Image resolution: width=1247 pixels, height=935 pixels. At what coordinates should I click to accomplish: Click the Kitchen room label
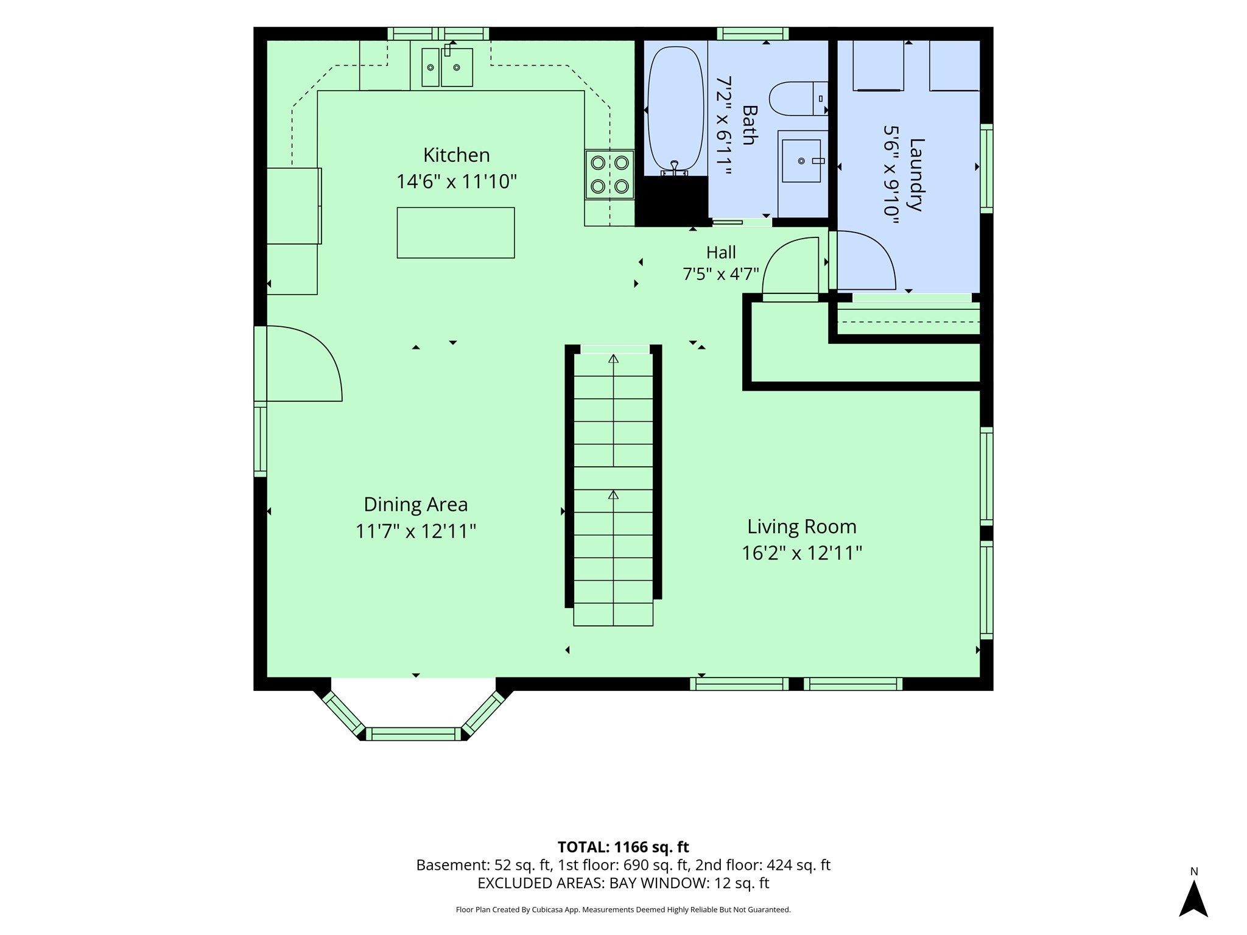[x=456, y=155]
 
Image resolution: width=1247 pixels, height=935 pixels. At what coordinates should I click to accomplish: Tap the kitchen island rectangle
[x=455, y=233]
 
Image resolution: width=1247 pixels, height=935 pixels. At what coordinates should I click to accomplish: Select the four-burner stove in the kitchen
[x=609, y=175]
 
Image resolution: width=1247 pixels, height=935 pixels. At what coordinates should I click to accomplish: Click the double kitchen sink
[x=447, y=67]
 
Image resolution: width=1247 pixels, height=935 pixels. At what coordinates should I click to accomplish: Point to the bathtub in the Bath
[x=675, y=110]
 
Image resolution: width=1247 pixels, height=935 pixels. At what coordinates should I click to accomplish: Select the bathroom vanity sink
[x=802, y=161]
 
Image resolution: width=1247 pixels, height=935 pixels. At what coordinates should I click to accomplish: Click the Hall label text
[x=721, y=252]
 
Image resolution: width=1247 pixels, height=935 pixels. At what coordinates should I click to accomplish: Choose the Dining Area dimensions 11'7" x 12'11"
[x=415, y=531]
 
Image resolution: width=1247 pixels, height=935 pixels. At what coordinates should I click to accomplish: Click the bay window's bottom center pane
[x=413, y=734]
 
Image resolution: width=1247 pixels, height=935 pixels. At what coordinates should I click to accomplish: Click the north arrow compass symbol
[x=1193, y=897]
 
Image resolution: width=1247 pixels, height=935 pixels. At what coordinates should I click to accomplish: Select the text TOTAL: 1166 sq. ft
[x=623, y=847]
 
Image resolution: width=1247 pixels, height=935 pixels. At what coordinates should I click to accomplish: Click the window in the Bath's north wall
[x=753, y=33]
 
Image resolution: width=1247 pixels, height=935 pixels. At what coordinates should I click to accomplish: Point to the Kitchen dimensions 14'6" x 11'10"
[x=457, y=181]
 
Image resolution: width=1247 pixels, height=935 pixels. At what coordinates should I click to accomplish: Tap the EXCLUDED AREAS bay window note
[x=623, y=883]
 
